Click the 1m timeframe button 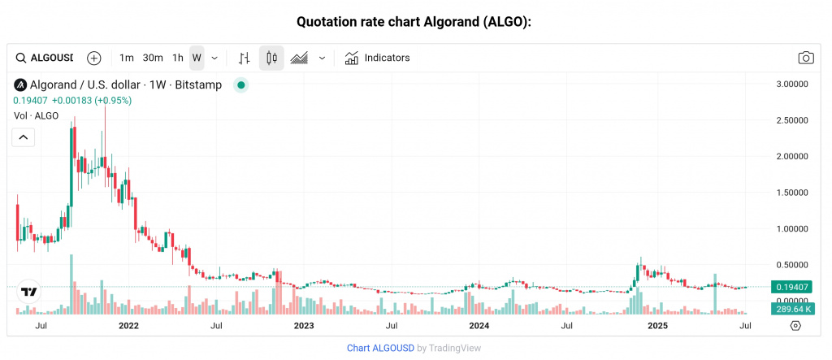(x=127, y=58)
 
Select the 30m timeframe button (x=153, y=58)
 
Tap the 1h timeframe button (x=178, y=58)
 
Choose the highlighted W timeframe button (x=197, y=58)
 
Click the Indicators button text (x=387, y=58)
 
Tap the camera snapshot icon (x=805, y=58)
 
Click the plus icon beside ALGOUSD (x=94, y=58)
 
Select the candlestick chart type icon (x=271, y=58)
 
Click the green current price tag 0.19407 (x=792, y=287)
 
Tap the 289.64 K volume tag (x=792, y=309)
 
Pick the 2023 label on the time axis (x=303, y=326)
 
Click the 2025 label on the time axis (x=656, y=326)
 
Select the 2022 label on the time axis (x=128, y=326)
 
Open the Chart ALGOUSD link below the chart (x=380, y=348)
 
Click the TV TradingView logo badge (x=29, y=292)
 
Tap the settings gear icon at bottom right (x=795, y=326)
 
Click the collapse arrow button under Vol (x=24, y=137)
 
